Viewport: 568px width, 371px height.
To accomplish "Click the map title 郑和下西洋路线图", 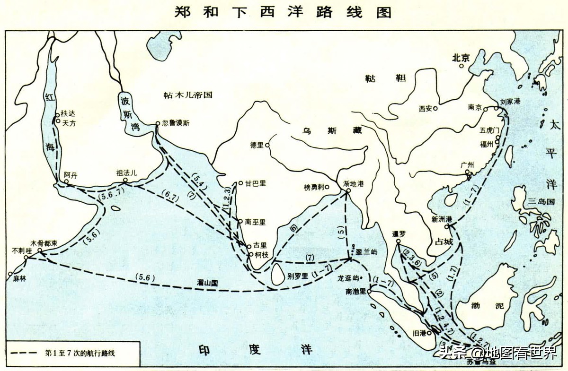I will click(x=283, y=12).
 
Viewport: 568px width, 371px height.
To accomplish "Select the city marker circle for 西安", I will click(x=435, y=108).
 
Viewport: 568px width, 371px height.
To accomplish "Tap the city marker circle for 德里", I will click(x=268, y=146).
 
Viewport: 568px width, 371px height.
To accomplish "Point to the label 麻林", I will click(x=19, y=279).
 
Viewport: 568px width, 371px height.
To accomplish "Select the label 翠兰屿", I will click(x=368, y=252).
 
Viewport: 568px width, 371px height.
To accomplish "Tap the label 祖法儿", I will click(x=126, y=173).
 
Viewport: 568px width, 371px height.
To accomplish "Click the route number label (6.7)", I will click(x=171, y=195).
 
